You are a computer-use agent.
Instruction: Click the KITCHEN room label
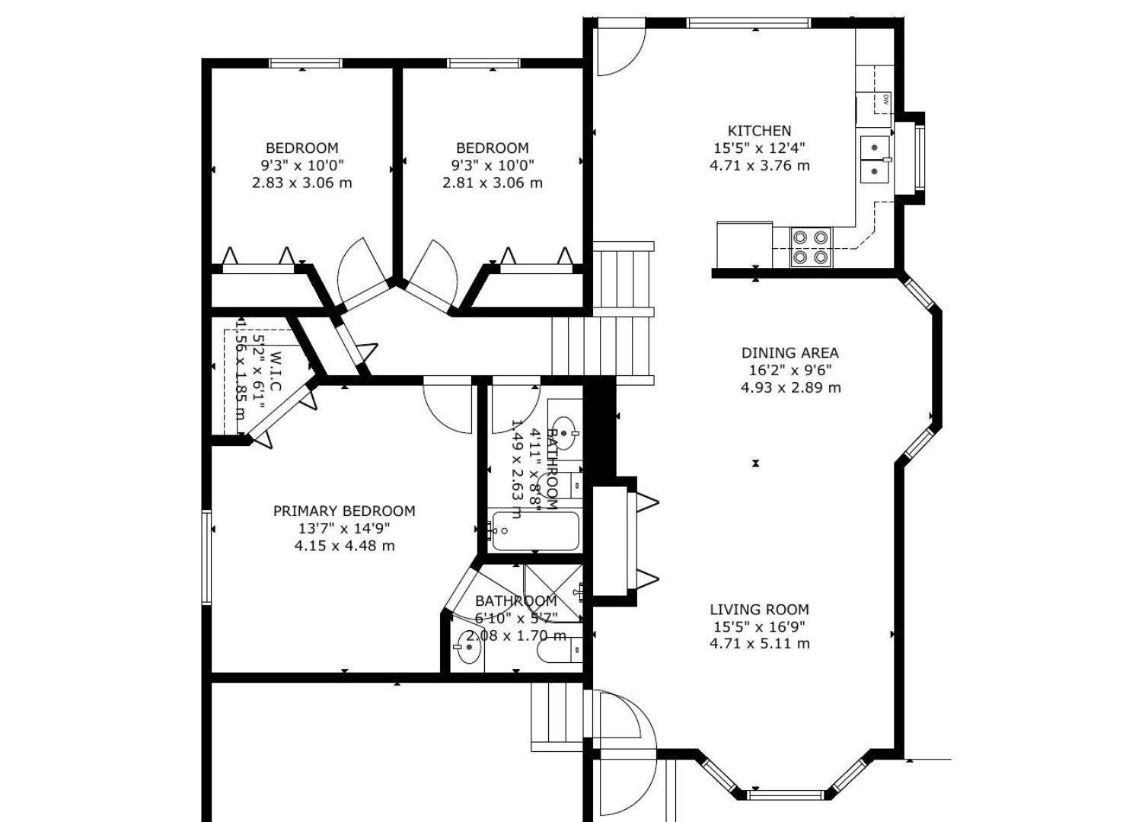tap(759, 131)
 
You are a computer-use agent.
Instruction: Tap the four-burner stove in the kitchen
tap(810, 247)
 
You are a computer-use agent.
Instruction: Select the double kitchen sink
tap(876, 159)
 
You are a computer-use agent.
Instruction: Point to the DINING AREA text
tap(790, 353)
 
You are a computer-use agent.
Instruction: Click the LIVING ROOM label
tap(759, 610)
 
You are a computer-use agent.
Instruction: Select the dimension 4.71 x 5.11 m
tap(759, 644)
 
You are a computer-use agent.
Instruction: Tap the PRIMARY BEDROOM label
tap(344, 511)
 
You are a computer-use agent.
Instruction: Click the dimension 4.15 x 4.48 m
tap(344, 546)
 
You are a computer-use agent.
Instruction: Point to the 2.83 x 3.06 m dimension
tap(301, 183)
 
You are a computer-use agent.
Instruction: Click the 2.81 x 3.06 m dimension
tap(493, 183)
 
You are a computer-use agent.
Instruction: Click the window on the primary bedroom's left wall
tap(206, 557)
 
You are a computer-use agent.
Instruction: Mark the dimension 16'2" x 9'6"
tap(790, 371)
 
